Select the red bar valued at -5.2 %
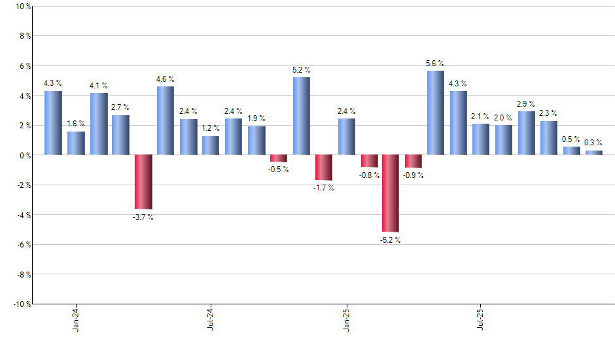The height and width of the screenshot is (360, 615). pos(391,193)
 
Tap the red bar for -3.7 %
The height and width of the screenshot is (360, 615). pos(143,182)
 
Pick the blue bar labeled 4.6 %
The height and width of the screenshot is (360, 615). pos(166,120)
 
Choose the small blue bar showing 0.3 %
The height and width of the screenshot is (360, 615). pos(593,153)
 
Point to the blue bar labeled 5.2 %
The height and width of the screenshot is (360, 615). pos(301,116)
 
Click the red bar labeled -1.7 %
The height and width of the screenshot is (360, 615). pos(323,168)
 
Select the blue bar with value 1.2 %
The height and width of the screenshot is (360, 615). pos(211,145)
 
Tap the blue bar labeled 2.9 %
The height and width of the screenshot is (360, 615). pos(526,133)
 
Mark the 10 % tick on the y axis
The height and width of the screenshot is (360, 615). pos(23,7)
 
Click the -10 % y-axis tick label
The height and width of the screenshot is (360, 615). pos(22,304)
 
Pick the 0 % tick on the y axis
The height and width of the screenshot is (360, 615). pos(25,155)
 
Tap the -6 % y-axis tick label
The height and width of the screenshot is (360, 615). pos(24,244)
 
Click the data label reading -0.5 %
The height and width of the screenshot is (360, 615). pos(279,170)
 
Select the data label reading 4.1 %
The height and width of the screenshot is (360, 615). pos(98,86)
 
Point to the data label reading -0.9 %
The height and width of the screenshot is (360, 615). pos(413,175)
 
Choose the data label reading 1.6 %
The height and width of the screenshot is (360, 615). pos(76,123)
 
